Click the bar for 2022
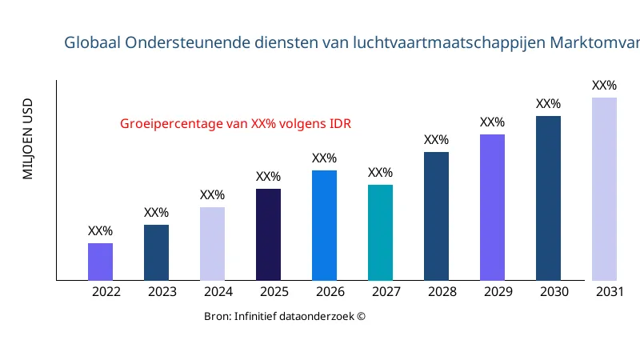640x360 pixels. (x=100, y=262)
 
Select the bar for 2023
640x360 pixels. (x=156, y=253)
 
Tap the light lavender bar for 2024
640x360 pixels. (x=212, y=244)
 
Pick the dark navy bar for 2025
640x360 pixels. (x=268, y=234)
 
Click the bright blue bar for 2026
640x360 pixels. (x=324, y=226)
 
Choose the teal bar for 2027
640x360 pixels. (x=380, y=233)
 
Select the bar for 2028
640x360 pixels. (x=436, y=216)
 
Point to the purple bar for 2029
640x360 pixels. (x=492, y=207)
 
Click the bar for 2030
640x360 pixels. (x=548, y=198)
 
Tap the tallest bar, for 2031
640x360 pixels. (x=604, y=189)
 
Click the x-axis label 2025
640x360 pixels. (x=274, y=292)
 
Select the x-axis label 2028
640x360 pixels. (x=442, y=292)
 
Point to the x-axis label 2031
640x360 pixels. (x=610, y=292)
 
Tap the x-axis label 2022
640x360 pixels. (x=106, y=292)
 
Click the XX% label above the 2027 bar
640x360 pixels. (x=380, y=173)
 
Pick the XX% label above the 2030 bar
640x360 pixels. (x=548, y=104)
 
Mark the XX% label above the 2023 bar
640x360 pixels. (x=156, y=213)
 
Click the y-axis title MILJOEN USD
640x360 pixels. (x=28, y=138)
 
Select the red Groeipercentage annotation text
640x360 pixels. (x=235, y=124)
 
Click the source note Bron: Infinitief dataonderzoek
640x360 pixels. (x=285, y=317)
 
